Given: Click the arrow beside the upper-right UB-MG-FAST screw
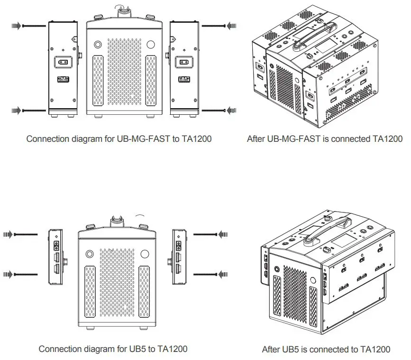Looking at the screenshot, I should coord(231,26).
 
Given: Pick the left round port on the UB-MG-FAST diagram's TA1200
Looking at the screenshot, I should coord(98,45).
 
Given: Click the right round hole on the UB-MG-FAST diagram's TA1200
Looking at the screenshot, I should coord(151,45).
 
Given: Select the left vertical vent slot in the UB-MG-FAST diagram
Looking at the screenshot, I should coord(97,80).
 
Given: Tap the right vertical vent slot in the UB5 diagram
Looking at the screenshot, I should coord(144,291).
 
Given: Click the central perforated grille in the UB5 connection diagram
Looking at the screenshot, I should coord(117,285).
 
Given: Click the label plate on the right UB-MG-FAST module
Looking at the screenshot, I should coord(184,80).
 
